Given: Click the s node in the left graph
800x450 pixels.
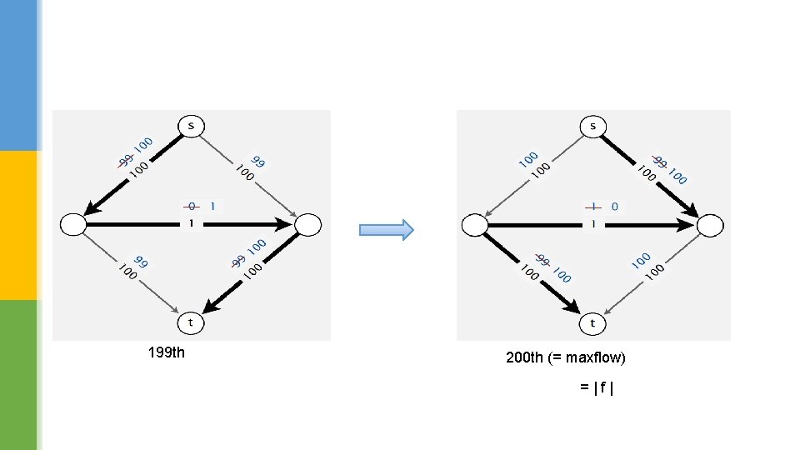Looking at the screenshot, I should pyautogui.click(x=191, y=127).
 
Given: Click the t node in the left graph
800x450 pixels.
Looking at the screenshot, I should pyautogui.click(x=191, y=322).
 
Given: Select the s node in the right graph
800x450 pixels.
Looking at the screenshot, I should pyautogui.click(x=593, y=127).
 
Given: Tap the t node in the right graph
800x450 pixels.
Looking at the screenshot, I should pyautogui.click(x=593, y=322).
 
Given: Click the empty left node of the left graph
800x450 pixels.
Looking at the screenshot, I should pyautogui.click(x=73, y=224).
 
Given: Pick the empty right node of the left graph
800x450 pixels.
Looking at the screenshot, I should pyautogui.click(x=307, y=224).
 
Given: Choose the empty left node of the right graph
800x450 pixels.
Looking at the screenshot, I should pyautogui.click(x=475, y=225).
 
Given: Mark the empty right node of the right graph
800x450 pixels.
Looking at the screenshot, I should pyautogui.click(x=711, y=225).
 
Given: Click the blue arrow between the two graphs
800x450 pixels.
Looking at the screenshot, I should pyautogui.click(x=386, y=230).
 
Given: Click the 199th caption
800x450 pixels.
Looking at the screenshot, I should pyautogui.click(x=166, y=352).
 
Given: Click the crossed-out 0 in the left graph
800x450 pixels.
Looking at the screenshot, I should pyautogui.click(x=192, y=205).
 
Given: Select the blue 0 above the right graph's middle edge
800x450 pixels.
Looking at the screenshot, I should pyautogui.click(x=614, y=206).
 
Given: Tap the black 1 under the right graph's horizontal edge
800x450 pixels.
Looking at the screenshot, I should pyautogui.click(x=593, y=223).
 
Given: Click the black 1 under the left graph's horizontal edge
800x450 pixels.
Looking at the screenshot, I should pyautogui.click(x=191, y=222).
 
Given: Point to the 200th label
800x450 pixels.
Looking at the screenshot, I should pyautogui.click(x=525, y=357).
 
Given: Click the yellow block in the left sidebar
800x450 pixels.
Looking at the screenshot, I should pyautogui.click(x=18, y=225).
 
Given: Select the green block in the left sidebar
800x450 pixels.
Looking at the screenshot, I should pyautogui.click(x=18, y=375).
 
